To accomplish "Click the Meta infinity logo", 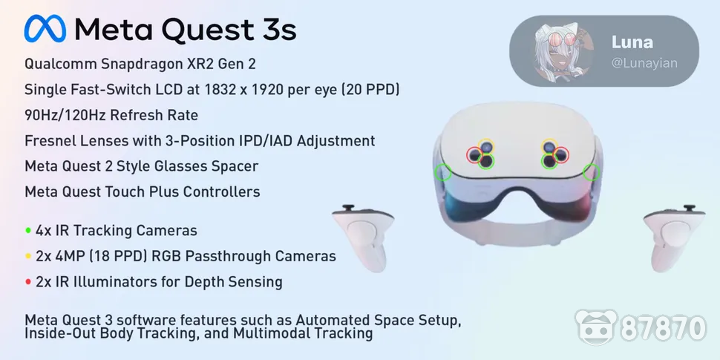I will (x=45, y=30).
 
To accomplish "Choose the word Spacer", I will (x=235, y=166).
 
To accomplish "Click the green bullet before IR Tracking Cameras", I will (x=28, y=231).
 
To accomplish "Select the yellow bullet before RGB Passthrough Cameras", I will (x=28, y=257).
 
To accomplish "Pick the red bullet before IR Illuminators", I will (x=28, y=282).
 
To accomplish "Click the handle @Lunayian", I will (x=644, y=63).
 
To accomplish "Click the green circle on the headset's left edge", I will (x=443, y=173).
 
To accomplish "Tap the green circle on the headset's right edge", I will (x=592, y=173).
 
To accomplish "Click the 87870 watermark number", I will (x=664, y=327).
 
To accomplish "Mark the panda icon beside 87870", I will (x=597, y=327).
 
